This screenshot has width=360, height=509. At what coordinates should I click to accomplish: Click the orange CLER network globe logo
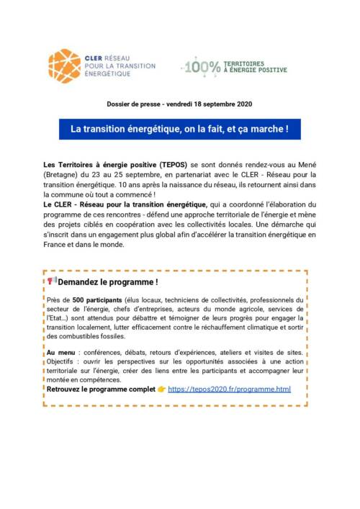[65, 66]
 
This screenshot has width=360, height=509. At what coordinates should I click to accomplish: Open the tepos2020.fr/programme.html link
[229, 389]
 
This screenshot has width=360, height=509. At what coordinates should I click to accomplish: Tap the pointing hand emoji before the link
[161, 389]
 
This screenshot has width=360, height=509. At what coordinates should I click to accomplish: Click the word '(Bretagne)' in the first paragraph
[63, 175]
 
